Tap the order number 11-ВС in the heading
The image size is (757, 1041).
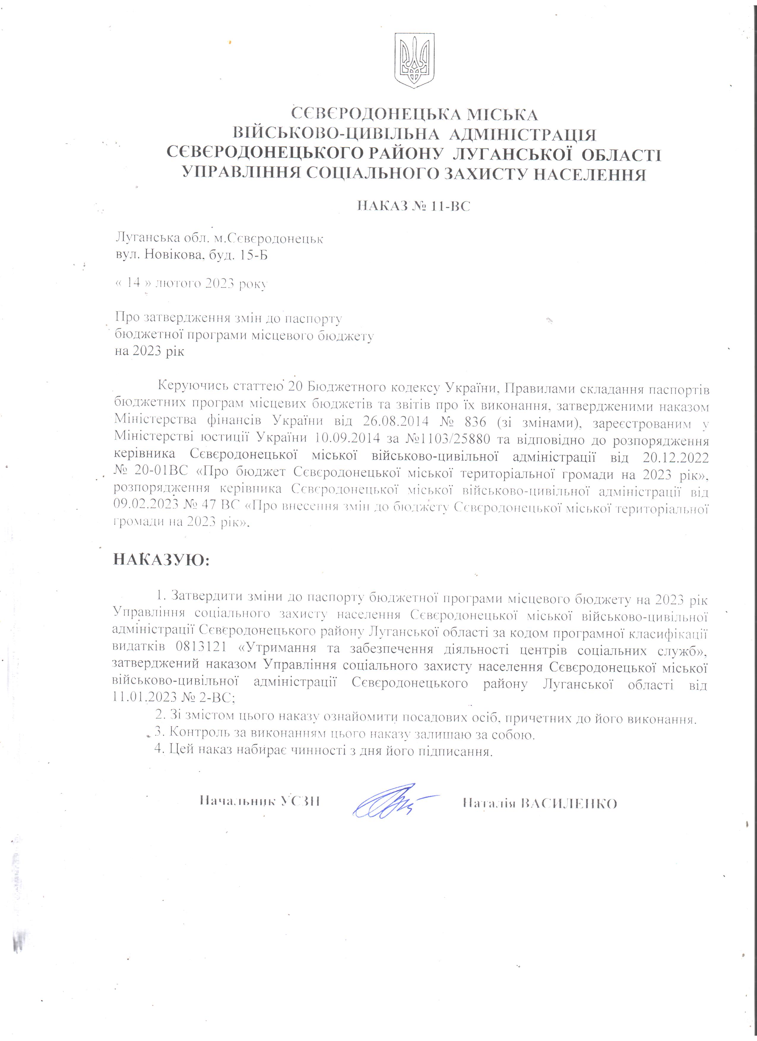point(451,207)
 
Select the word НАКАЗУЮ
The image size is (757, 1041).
point(161,561)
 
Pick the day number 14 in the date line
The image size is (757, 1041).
point(134,283)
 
